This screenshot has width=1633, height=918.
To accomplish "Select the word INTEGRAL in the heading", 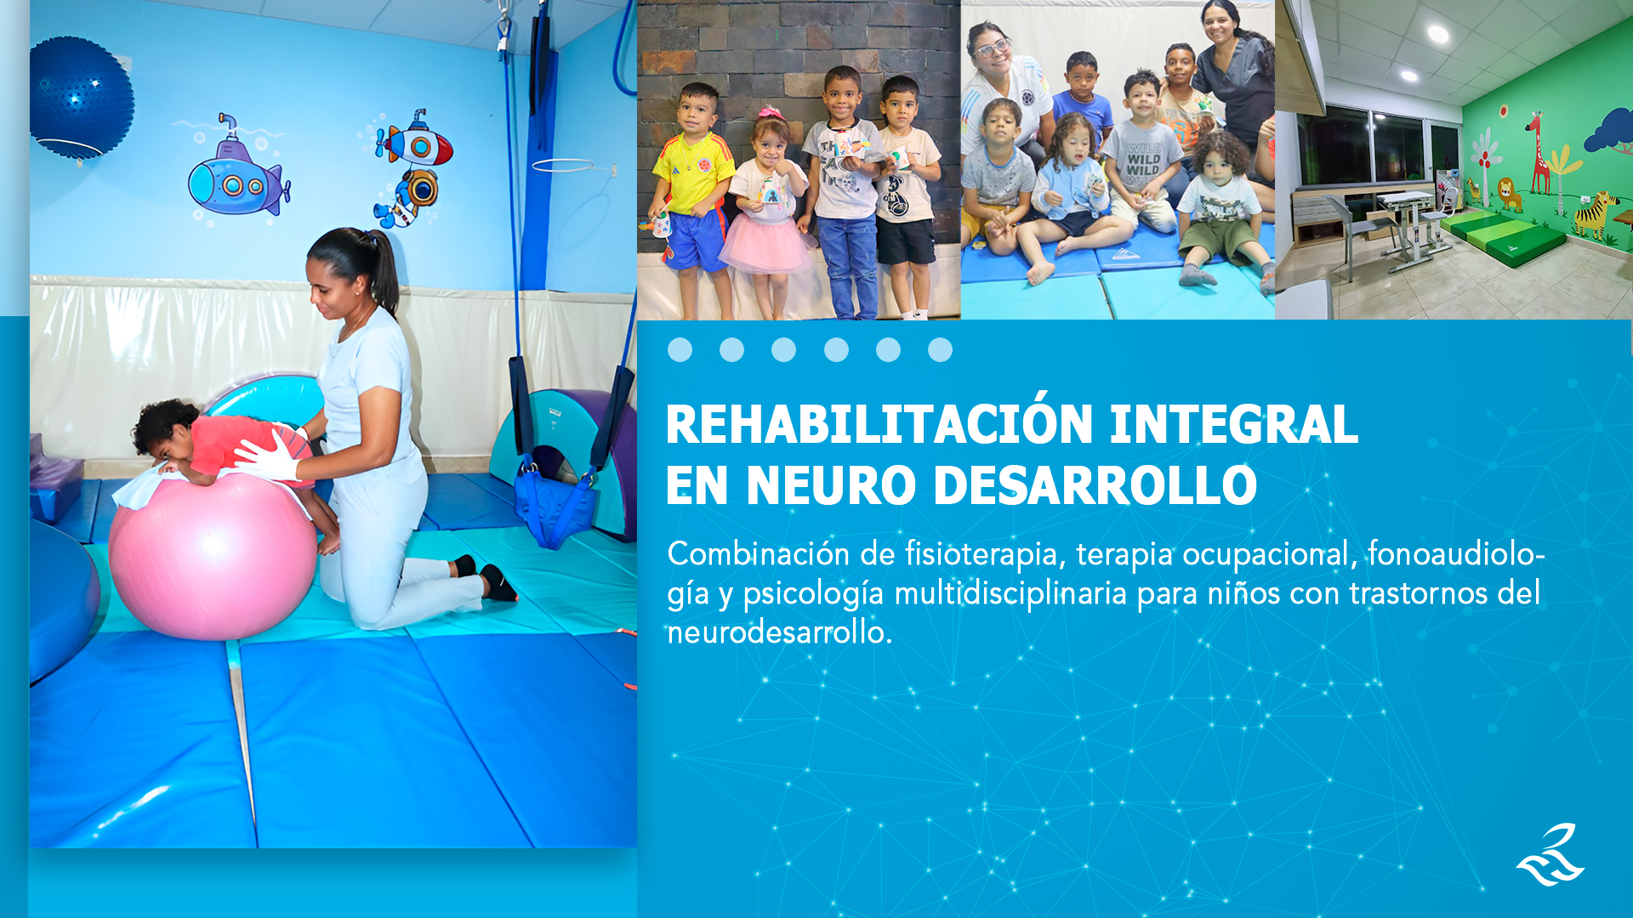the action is pos(1234,424).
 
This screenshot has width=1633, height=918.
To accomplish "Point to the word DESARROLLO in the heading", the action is pos(1095,485).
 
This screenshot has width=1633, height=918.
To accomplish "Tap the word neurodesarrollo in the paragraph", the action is pos(779,632).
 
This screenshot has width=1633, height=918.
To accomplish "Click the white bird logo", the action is pos(1550,855).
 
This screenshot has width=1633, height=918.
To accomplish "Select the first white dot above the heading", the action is pos(680,349).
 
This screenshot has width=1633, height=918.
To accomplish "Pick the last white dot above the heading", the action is pos(940,349).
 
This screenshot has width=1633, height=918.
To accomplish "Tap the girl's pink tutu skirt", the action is pos(765,243).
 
